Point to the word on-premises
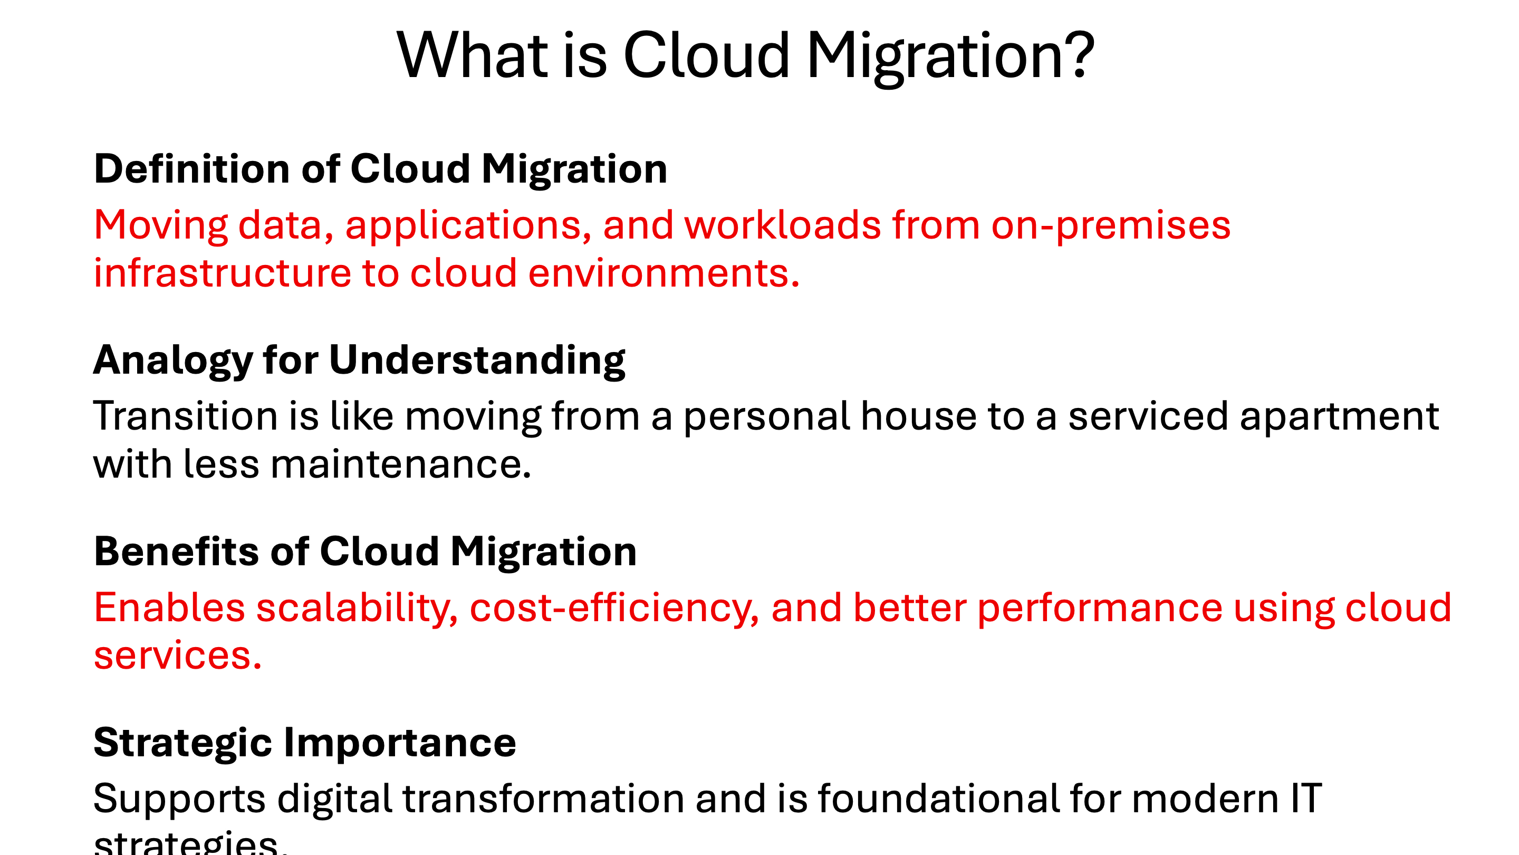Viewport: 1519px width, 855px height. [x=1110, y=226]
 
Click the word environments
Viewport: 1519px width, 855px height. [x=664, y=274]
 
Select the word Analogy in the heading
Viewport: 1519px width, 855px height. [x=173, y=360]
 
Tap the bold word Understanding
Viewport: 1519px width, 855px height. [x=477, y=360]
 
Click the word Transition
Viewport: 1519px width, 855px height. [x=185, y=416]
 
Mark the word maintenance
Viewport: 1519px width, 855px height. [x=401, y=464]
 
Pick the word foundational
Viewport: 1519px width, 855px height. [x=938, y=799]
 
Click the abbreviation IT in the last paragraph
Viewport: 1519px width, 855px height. [x=1306, y=799]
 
